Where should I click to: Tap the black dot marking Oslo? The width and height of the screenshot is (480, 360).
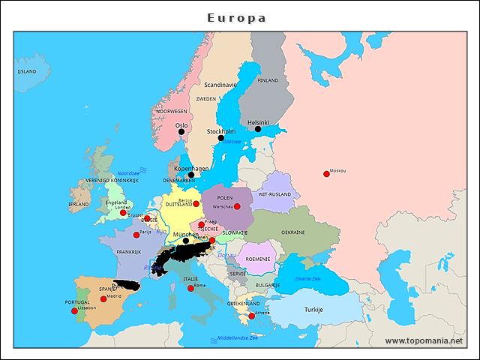click(181, 132)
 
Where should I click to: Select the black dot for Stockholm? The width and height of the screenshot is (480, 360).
click(221, 138)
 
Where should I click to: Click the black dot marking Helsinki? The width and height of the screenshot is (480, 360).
click(258, 129)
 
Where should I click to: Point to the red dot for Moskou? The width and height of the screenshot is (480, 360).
click(326, 174)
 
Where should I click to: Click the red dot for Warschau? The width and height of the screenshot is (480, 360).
click(237, 206)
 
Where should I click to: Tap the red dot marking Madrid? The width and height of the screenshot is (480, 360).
click(103, 299)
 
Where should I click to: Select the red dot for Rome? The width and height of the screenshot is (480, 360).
click(191, 288)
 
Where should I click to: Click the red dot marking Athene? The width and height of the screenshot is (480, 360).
click(252, 316)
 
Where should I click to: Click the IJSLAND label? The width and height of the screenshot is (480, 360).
click(26, 71)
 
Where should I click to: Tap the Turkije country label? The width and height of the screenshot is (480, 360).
click(313, 309)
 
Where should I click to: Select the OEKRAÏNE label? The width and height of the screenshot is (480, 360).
click(292, 232)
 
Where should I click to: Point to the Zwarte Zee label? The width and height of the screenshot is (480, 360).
click(307, 278)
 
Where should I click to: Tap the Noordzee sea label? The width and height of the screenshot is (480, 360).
click(128, 172)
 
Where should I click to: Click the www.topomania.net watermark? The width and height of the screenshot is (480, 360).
click(424, 340)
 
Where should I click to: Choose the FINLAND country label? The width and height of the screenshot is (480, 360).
click(268, 80)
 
